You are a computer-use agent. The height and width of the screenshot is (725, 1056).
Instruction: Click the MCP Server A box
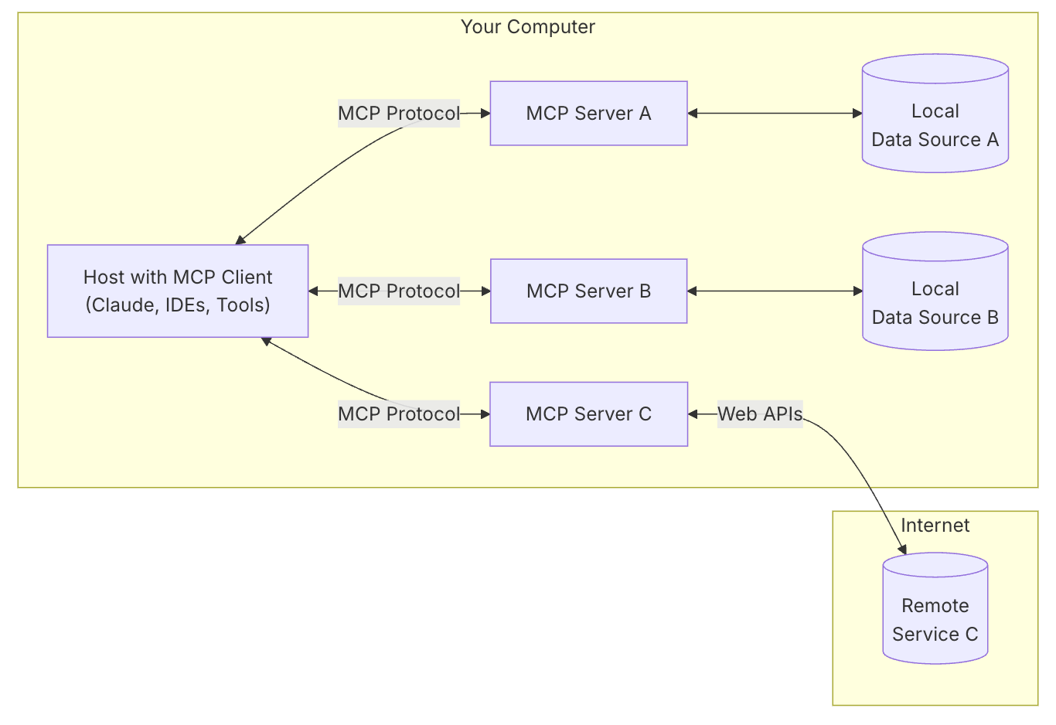click(x=588, y=114)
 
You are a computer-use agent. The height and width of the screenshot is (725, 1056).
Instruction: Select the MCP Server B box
click(x=588, y=291)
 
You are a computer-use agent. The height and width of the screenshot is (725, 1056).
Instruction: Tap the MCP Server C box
click(x=588, y=414)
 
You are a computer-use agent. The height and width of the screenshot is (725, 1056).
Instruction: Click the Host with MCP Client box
click(x=178, y=291)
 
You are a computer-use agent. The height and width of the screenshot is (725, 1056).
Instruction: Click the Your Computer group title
click(x=527, y=27)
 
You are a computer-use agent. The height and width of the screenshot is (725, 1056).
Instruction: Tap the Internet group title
click(x=935, y=526)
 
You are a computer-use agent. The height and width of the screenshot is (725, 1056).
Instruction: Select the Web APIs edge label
click(x=760, y=414)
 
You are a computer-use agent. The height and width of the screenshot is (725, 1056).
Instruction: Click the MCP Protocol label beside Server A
click(x=399, y=114)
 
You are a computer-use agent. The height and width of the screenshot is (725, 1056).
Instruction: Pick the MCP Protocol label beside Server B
click(x=399, y=291)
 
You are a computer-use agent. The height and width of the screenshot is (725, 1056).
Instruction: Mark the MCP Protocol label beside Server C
click(x=399, y=414)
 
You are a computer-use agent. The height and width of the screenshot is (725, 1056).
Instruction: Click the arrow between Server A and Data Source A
click(x=775, y=114)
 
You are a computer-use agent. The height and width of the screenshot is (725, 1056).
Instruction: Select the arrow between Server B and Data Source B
click(x=775, y=291)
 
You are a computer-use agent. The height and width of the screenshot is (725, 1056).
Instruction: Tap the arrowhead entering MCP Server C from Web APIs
click(x=693, y=414)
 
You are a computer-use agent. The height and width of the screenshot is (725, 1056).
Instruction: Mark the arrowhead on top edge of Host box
click(x=240, y=240)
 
